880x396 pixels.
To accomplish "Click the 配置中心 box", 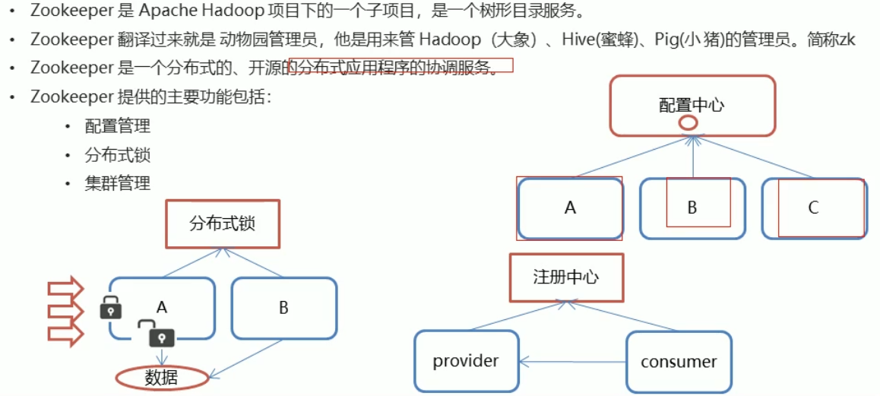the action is click(692, 105).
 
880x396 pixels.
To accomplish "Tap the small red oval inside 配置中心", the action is click(688, 122).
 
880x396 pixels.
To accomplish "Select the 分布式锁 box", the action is click(222, 223).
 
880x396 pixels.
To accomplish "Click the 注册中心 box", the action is click(566, 277).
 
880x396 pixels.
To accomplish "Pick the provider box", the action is click(466, 361).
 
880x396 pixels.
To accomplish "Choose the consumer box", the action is click(679, 361).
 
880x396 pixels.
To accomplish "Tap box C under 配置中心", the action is click(814, 208).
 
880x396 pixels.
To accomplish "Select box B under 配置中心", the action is click(692, 208).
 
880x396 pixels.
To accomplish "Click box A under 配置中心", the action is click(570, 208).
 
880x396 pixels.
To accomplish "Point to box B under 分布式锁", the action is click(283, 308).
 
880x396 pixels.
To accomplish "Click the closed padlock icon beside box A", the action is click(111, 307).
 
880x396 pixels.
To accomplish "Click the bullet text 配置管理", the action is click(118, 126).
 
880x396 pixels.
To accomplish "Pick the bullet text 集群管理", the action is click(118, 182).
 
